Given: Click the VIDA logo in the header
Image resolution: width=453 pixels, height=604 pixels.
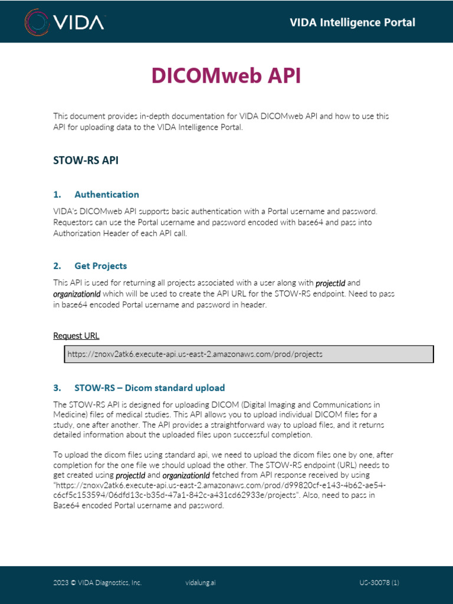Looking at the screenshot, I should pyautogui.click(x=65, y=22).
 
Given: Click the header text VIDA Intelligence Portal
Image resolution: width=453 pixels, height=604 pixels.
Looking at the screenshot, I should pyautogui.click(x=352, y=22).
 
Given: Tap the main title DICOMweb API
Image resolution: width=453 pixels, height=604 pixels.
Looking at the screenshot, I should pyautogui.click(x=226, y=75).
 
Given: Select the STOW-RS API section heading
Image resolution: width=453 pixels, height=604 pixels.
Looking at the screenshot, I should pyautogui.click(x=86, y=160).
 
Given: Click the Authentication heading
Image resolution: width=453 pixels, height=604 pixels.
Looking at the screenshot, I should pyautogui.click(x=107, y=195).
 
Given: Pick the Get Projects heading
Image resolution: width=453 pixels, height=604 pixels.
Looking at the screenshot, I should pyautogui.click(x=100, y=266).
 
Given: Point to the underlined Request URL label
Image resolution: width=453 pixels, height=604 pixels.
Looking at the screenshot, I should pyautogui.click(x=76, y=336).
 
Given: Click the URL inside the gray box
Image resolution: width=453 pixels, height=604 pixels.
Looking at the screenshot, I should pyautogui.click(x=195, y=354).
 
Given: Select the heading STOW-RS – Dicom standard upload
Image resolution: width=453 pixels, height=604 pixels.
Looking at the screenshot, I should pyautogui.click(x=149, y=388).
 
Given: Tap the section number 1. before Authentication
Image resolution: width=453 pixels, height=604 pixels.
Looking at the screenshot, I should pyautogui.click(x=57, y=195).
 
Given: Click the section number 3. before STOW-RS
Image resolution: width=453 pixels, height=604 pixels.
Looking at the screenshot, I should pyautogui.click(x=57, y=388).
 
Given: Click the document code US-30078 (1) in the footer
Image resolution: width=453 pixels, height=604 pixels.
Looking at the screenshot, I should pyautogui.click(x=379, y=583).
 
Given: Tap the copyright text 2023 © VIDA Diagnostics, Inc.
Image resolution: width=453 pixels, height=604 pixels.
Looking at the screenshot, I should pyautogui.click(x=97, y=583).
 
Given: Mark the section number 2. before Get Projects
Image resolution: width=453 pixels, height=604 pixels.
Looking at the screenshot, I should pyautogui.click(x=57, y=266).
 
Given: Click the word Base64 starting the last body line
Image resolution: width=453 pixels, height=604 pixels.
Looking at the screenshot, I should pyautogui.click(x=66, y=505).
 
